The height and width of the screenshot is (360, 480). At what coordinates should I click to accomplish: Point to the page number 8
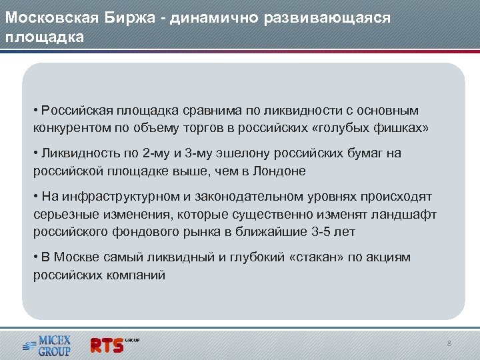pyautogui.click(x=449, y=343)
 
